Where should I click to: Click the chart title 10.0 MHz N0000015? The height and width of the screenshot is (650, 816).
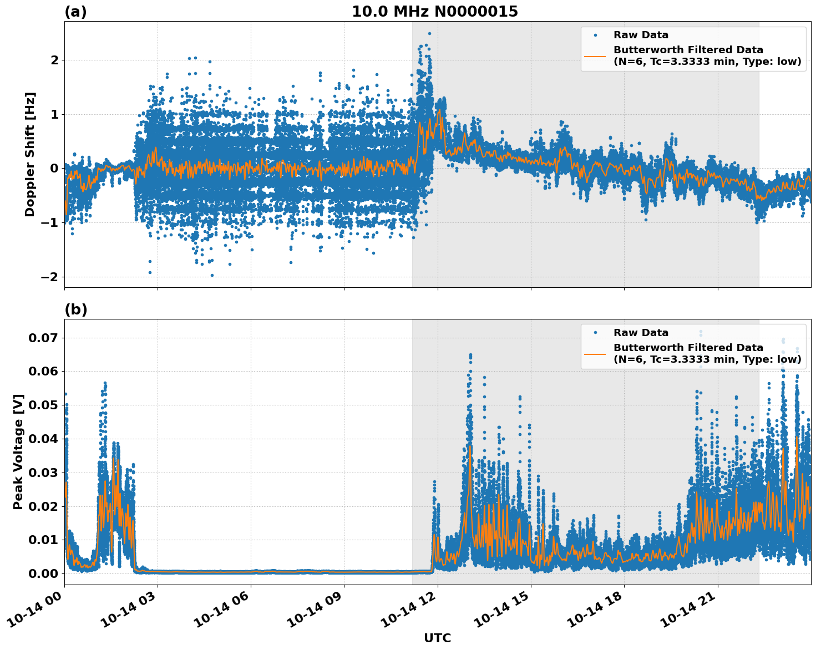tap(434, 12)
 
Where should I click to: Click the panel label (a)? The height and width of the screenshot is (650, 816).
tap(75, 12)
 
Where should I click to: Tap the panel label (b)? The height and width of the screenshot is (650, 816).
tap(75, 309)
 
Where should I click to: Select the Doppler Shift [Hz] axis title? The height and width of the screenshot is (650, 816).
tap(30, 154)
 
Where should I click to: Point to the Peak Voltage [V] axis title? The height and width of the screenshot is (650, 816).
tap(18, 451)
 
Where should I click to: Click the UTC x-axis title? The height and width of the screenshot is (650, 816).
tap(437, 638)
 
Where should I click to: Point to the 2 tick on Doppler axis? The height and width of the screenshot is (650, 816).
tap(54, 60)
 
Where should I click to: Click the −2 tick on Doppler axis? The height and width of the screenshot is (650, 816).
tap(50, 277)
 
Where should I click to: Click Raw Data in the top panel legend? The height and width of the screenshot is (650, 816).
tap(641, 35)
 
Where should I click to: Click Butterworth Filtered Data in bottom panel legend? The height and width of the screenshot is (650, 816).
tap(688, 348)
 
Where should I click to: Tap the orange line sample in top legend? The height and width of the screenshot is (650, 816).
tap(595, 55)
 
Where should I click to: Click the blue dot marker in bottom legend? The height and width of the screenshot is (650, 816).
tap(595, 333)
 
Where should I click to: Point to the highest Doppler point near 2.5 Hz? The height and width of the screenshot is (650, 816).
tap(429, 33)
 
